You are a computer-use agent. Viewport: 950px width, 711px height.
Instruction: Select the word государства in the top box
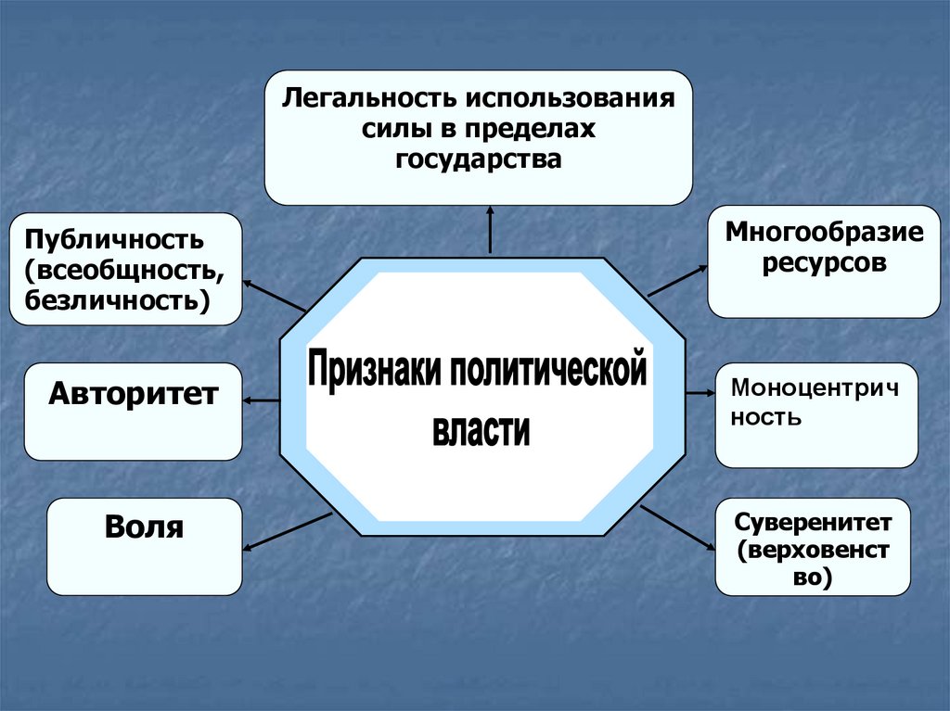pos(479,159)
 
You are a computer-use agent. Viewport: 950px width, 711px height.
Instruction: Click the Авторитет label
pos(133,394)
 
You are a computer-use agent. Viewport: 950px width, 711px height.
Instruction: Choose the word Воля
pos(144,527)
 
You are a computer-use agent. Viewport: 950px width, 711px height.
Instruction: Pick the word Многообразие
pos(825,232)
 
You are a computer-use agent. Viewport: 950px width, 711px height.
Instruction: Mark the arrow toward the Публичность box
pos(274,295)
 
